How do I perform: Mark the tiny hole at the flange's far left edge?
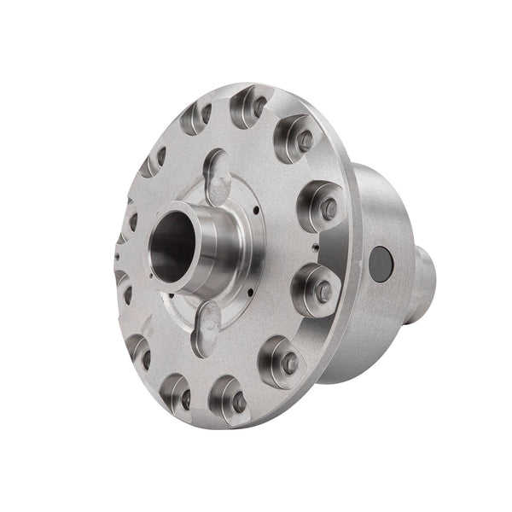click(x=114, y=253)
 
